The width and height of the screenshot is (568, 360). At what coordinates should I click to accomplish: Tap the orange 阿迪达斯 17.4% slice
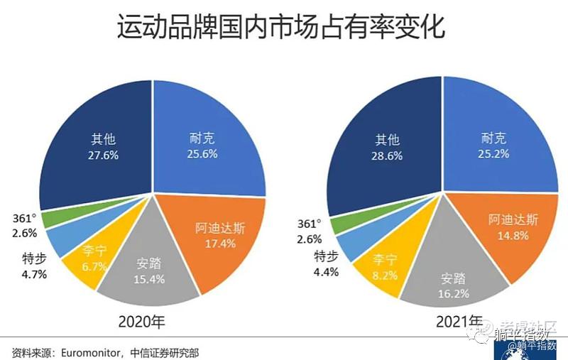[x=217, y=238]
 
